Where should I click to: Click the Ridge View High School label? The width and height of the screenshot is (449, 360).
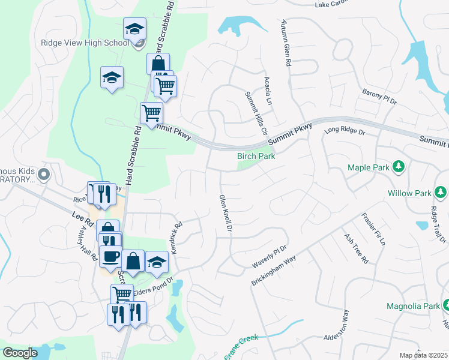85,43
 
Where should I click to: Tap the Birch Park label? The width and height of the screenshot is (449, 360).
256,156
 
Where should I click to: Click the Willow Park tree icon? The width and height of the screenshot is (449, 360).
441,193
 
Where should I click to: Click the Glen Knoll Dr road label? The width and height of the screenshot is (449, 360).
225,213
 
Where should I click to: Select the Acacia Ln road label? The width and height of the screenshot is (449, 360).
268,91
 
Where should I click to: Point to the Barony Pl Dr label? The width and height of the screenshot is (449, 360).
379,97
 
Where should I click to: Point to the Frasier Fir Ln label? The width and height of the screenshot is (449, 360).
372,230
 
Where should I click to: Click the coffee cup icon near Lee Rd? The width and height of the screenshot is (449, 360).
110,257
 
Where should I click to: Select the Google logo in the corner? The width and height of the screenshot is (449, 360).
20,353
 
